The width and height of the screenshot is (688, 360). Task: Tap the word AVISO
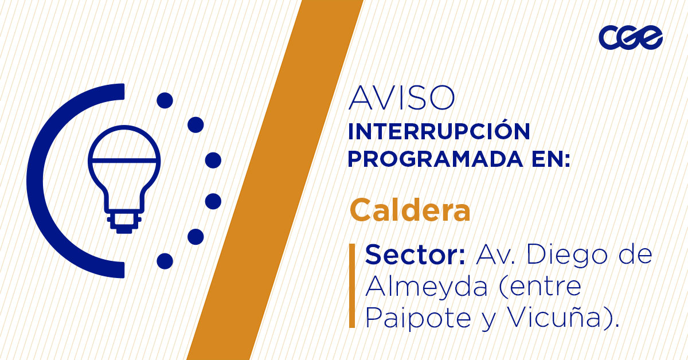(401, 99)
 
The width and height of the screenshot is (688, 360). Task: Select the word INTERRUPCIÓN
(439, 132)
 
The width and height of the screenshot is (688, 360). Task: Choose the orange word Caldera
(410, 210)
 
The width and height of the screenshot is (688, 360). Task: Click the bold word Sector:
(415, 255)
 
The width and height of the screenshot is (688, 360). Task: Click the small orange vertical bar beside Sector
(352, 285)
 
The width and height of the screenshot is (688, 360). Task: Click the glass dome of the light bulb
(124, 146)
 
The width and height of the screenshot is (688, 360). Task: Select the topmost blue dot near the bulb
(165, 100)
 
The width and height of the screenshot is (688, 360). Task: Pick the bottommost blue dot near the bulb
(165, 261)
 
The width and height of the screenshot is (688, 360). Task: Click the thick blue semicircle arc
(40, 181)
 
